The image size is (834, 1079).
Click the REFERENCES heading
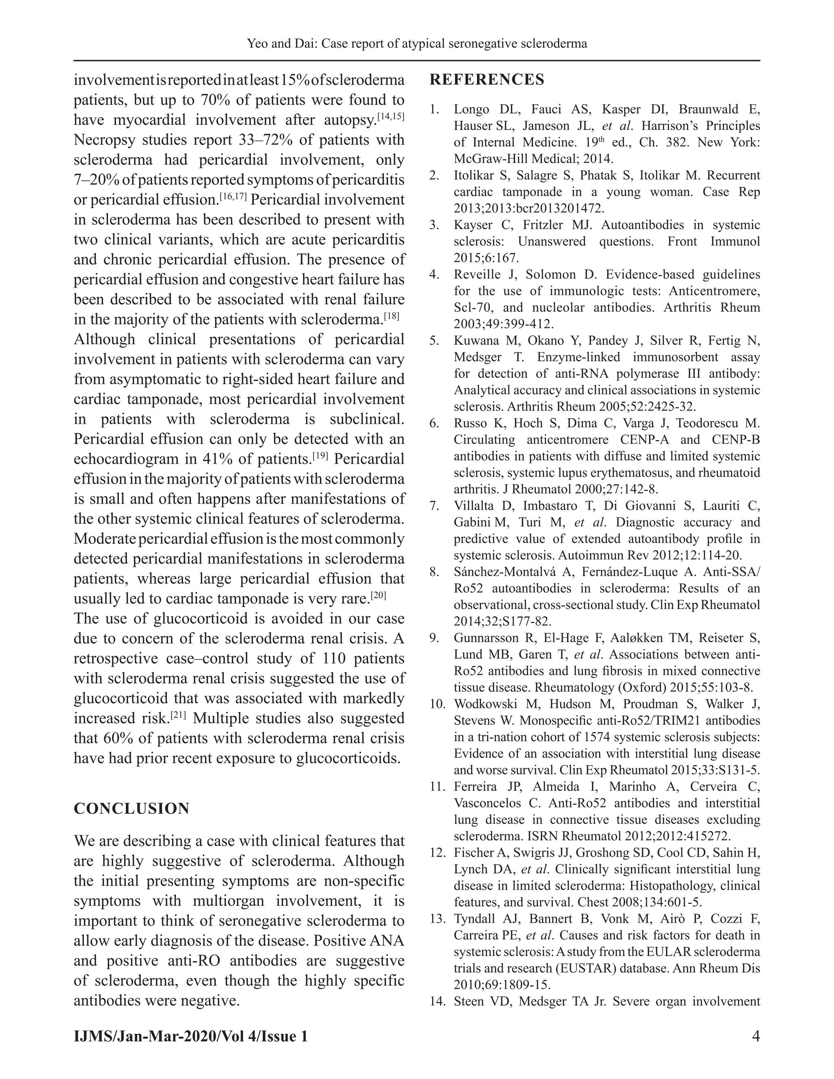[487, 79]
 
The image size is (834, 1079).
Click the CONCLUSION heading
[132, 809]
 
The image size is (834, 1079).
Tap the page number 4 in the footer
[755, 1036]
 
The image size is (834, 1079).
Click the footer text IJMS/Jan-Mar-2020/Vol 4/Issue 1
[191, 1036]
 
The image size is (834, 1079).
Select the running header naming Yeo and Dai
[417, 44]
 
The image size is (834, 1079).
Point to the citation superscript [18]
[391, 316]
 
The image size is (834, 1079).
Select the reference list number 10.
[437, 704]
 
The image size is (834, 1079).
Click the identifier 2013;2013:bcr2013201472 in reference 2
[529, 208]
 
